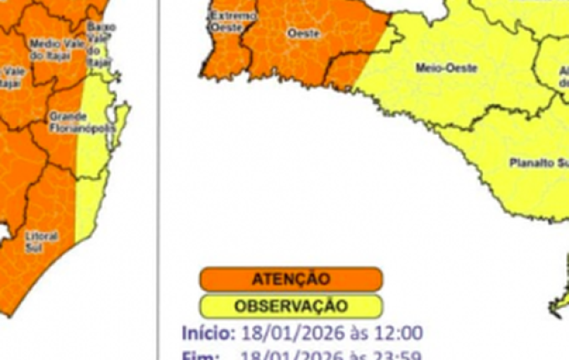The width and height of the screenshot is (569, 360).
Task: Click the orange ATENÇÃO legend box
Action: (x=290, y=279)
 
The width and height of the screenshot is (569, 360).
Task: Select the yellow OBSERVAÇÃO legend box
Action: (x=290, y=306)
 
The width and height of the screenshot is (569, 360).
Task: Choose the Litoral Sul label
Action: (x=41, y=240)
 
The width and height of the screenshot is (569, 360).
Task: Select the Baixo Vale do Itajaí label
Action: (x=101, y=37)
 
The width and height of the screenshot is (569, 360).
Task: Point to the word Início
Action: (x=208, y=332)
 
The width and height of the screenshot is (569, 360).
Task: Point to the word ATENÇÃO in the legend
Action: (x=290, y=279)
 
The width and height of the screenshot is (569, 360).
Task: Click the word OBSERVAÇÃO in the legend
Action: (x=290, y=306)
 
